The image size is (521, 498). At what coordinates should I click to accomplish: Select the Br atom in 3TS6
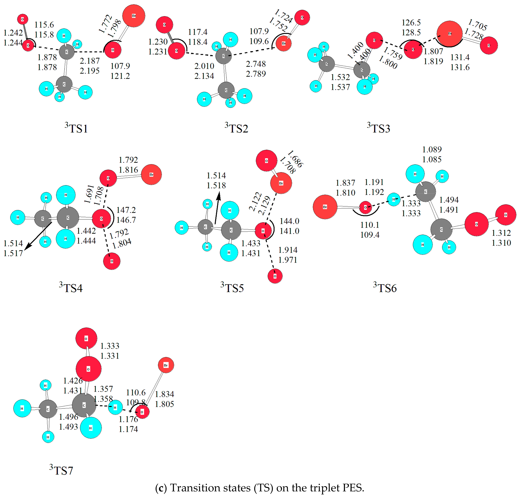(x=325, y=207)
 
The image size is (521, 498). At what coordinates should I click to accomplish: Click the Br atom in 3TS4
(x=151, y=174)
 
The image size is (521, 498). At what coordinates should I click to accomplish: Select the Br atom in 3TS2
(x=283, y=43)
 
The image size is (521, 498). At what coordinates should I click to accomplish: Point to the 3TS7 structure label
(x=61, y=470)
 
